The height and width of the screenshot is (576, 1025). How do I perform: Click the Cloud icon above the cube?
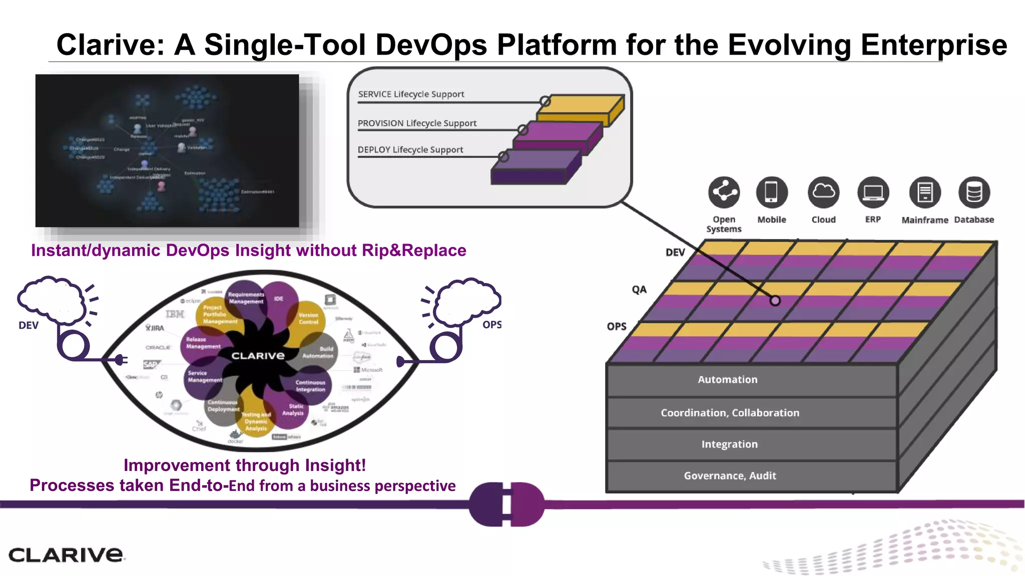[823, 192]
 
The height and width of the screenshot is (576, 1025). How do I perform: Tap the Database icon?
[974, 192]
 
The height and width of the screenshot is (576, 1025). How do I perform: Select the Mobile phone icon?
[771, 192]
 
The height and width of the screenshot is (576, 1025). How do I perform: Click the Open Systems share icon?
[724, 192]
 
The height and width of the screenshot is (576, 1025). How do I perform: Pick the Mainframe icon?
[924, 192]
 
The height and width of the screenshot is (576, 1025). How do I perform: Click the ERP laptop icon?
[873, 192]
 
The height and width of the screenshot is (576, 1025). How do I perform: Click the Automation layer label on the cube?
[727, 379]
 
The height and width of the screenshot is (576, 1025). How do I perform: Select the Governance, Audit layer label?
[730, 475]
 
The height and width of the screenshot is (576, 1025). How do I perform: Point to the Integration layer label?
[729, 444]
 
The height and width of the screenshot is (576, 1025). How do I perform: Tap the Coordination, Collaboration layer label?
[730, 412]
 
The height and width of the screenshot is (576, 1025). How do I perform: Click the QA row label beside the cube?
[639, 289]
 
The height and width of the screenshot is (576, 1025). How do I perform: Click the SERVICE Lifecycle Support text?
[411, 94]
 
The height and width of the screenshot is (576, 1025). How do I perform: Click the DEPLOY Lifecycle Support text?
[410, 149]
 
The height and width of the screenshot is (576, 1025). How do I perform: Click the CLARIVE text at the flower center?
[258, 355]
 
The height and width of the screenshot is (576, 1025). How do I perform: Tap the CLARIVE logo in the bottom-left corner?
[66, 554]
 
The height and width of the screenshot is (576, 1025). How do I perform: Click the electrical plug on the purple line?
[506, 504]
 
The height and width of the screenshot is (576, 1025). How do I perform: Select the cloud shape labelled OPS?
[467, 301]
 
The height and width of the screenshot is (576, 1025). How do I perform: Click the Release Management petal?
[202, 343]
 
